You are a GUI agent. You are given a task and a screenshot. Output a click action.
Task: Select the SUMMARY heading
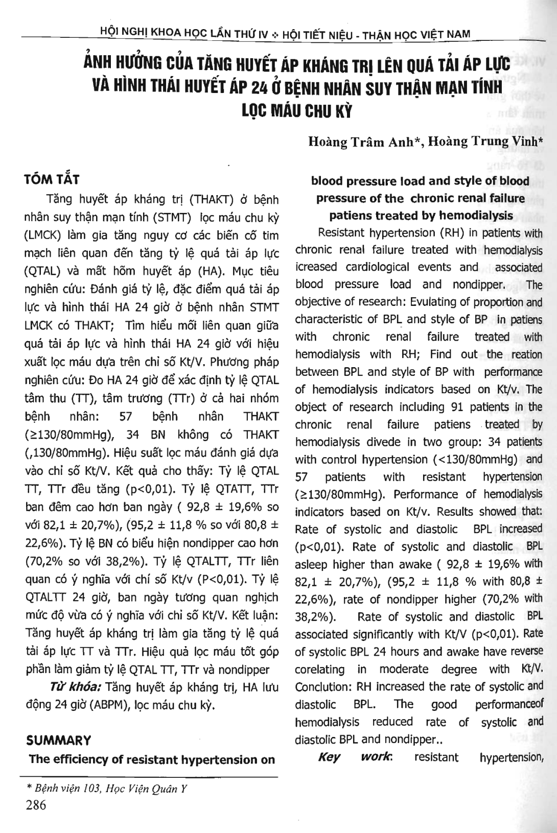(58, 741)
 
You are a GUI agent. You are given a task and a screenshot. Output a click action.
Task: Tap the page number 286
(35, 805)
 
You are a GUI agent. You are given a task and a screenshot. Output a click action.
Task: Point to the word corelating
(320, 669)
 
